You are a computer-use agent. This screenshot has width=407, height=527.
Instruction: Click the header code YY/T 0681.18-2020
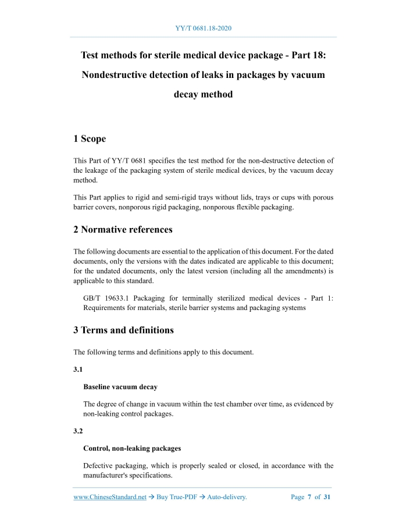(203, 28)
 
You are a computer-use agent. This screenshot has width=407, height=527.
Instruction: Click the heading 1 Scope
(90, 139)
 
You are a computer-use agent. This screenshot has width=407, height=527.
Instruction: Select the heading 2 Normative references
(123, 230)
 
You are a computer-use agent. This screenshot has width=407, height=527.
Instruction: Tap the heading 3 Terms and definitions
(123, 330)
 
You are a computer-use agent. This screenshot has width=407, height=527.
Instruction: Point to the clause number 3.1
(78, 369)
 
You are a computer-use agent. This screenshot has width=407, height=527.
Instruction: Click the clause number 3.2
(78, 431)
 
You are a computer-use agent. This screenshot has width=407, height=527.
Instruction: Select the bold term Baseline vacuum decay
(120, 387)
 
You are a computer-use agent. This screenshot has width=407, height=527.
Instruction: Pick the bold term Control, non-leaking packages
(132, 448)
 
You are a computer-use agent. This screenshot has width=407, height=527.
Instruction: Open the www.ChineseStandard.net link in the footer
(110, 497)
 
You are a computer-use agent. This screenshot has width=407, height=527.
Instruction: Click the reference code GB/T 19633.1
(106, 298)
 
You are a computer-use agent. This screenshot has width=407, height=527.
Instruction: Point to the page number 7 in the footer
(309, 497)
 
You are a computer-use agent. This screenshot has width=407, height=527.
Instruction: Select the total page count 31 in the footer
(327, 497)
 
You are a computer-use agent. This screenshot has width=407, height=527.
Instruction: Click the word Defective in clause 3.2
(99, 466)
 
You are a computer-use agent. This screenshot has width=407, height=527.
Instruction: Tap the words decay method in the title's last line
(203, 94)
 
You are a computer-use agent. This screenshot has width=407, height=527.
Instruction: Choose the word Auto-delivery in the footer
(227, 497)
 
